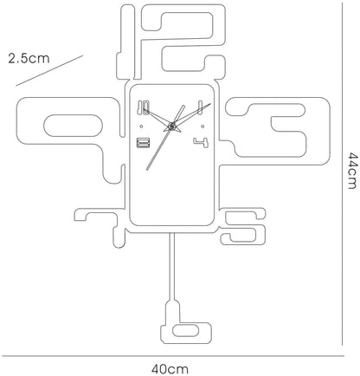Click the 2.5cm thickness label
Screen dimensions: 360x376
tap(29, 58)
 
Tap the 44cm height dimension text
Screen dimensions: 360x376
tap(352, 171)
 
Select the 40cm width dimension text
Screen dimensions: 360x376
tap(170, 369)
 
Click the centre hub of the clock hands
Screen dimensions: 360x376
tap(171, 126)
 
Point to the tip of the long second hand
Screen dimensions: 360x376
tap(147, 169)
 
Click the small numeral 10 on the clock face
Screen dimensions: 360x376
tap(144, 107)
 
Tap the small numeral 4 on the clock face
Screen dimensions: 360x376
tap(202, 143)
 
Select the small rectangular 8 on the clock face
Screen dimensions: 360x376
tap(144, 143)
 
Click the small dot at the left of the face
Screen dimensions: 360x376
tap(141, 126)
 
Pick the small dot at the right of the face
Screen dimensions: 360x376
tap(202, 126)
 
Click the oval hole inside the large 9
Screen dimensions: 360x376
tap(73, 126)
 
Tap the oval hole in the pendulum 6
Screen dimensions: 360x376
tap(185, 330)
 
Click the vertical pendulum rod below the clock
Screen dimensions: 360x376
tap(172, 267)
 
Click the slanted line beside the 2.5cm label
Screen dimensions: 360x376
tap(49, 70)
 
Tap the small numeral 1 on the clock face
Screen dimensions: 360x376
tap(199, 107)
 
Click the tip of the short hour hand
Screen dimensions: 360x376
tap(183, 106)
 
